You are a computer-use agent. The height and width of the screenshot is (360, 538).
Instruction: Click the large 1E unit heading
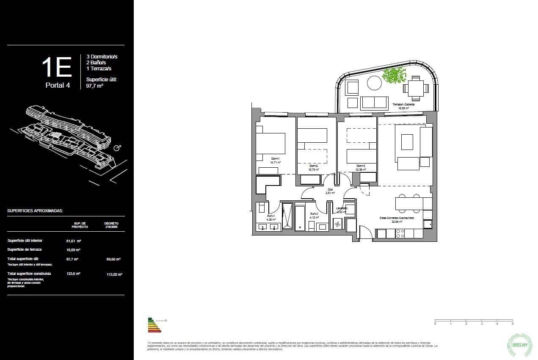point(57,67)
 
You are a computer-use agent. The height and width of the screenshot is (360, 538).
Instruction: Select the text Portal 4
point(58,85)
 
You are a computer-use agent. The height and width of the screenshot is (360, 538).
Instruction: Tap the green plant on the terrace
point(394,76)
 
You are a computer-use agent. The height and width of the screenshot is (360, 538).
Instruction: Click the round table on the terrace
point(374,83)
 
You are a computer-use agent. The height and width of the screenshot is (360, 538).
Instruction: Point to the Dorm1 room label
point(276,160)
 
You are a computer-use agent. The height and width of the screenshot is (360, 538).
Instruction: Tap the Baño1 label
point(271,216)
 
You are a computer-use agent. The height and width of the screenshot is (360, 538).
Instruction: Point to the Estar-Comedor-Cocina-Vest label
point(397,218)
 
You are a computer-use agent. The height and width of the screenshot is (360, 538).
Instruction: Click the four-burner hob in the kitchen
point(400,233)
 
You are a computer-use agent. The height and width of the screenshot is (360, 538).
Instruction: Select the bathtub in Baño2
point(300,218)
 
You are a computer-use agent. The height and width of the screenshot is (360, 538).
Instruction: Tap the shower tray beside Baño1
point(287,216)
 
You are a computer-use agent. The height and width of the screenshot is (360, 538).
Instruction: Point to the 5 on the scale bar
point(513,324)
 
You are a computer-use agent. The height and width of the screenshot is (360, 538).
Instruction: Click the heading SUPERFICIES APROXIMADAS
point(35,210)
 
